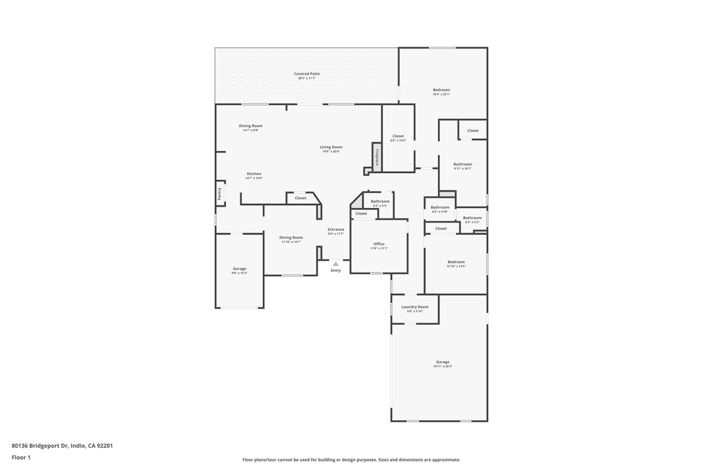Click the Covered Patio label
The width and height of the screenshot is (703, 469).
(307, 73)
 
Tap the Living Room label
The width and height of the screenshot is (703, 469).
(331, 147)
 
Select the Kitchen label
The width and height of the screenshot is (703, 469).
(254, 174)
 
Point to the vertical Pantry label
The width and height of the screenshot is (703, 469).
(220, 194)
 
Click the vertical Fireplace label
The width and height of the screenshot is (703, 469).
(377, 157)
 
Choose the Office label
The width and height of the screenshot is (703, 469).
(379, 244)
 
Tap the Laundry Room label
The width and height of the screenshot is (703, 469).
(415, 307)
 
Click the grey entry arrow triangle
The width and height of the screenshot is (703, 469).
(336, 264)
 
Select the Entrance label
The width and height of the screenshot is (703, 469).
(336, 229)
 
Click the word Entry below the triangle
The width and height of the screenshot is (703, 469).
(336, 271)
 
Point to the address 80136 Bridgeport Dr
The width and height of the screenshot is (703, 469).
(62, 446)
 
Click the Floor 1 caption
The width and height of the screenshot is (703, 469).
(21, 457)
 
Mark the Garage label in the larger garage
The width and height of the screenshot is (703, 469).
(443, 362)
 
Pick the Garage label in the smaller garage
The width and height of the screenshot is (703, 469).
(239, 268)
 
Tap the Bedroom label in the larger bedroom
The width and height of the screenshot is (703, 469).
(441, 90)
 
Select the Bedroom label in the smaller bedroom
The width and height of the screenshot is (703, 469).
(456, 262)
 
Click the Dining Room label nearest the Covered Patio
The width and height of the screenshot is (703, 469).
(251, 126)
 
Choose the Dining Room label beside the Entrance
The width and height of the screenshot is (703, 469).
(291, 238)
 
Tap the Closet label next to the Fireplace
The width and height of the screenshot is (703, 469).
(398, 136)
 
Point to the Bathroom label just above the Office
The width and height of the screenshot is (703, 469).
(380, 201)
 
